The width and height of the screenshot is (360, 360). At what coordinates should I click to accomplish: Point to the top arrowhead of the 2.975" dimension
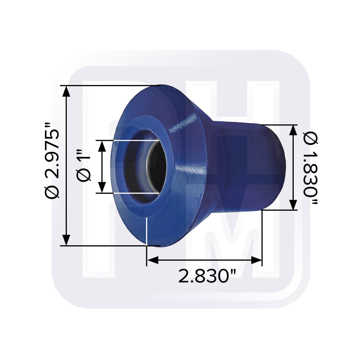click(66, 91)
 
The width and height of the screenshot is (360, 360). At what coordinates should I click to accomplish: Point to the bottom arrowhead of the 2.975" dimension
click(66, 239)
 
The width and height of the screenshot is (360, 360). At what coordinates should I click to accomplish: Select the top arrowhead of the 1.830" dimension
click(294, 130)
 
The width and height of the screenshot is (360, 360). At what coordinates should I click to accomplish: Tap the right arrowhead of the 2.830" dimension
click(256, 260)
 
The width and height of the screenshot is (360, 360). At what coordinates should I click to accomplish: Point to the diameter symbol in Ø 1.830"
click(311, 138)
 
